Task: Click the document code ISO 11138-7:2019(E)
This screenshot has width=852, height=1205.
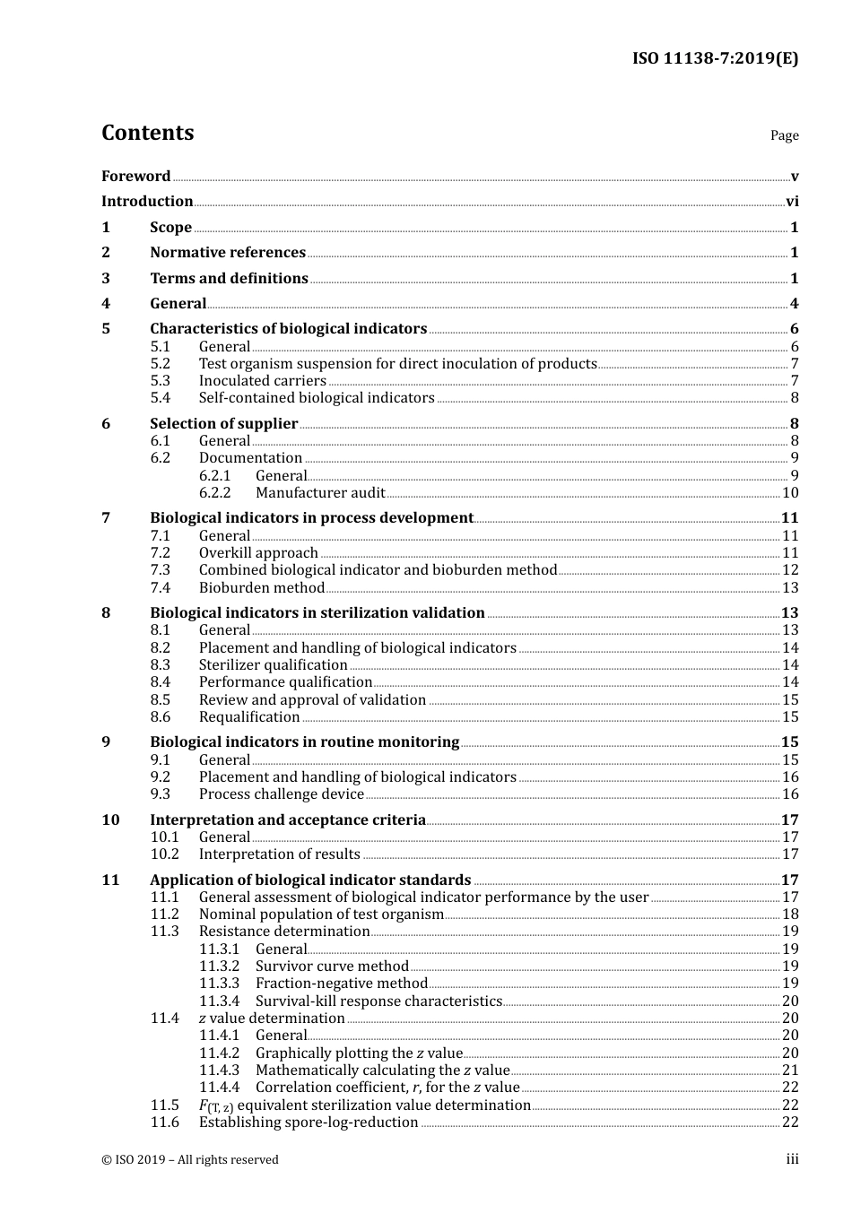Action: coord(715,59)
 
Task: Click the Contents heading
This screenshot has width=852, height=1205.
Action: coord(147,133)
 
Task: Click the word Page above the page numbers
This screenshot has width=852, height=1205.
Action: coord(784,135)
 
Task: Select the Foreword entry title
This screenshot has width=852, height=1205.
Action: coord(135,177)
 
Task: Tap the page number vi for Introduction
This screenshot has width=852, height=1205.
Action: coord(792,202)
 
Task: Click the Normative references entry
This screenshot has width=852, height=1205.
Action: coord(228,253)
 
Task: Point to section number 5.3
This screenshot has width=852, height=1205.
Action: coord(160,381)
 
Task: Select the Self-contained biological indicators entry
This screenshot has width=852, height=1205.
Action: coord(317,398)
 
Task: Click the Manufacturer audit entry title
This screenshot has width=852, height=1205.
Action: coord(320,493)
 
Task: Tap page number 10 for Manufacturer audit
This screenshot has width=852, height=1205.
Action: coord(790,493)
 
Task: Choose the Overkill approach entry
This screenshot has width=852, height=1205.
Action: coord(258,553)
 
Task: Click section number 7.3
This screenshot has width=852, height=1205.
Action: coord(160,570)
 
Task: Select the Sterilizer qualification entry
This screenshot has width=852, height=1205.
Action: coord(273,665)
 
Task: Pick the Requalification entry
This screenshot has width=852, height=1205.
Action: coord(249,717)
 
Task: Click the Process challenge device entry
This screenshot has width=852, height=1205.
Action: coord(281,794)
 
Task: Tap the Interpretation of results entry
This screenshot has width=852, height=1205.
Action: coord(279,854)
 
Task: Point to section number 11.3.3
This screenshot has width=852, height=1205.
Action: coord(219,984)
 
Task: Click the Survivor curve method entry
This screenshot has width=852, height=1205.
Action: coord(332,967)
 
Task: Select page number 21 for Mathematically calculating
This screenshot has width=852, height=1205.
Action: coord(790,1071)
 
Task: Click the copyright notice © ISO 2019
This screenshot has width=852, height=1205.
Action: coord(190,1160)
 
